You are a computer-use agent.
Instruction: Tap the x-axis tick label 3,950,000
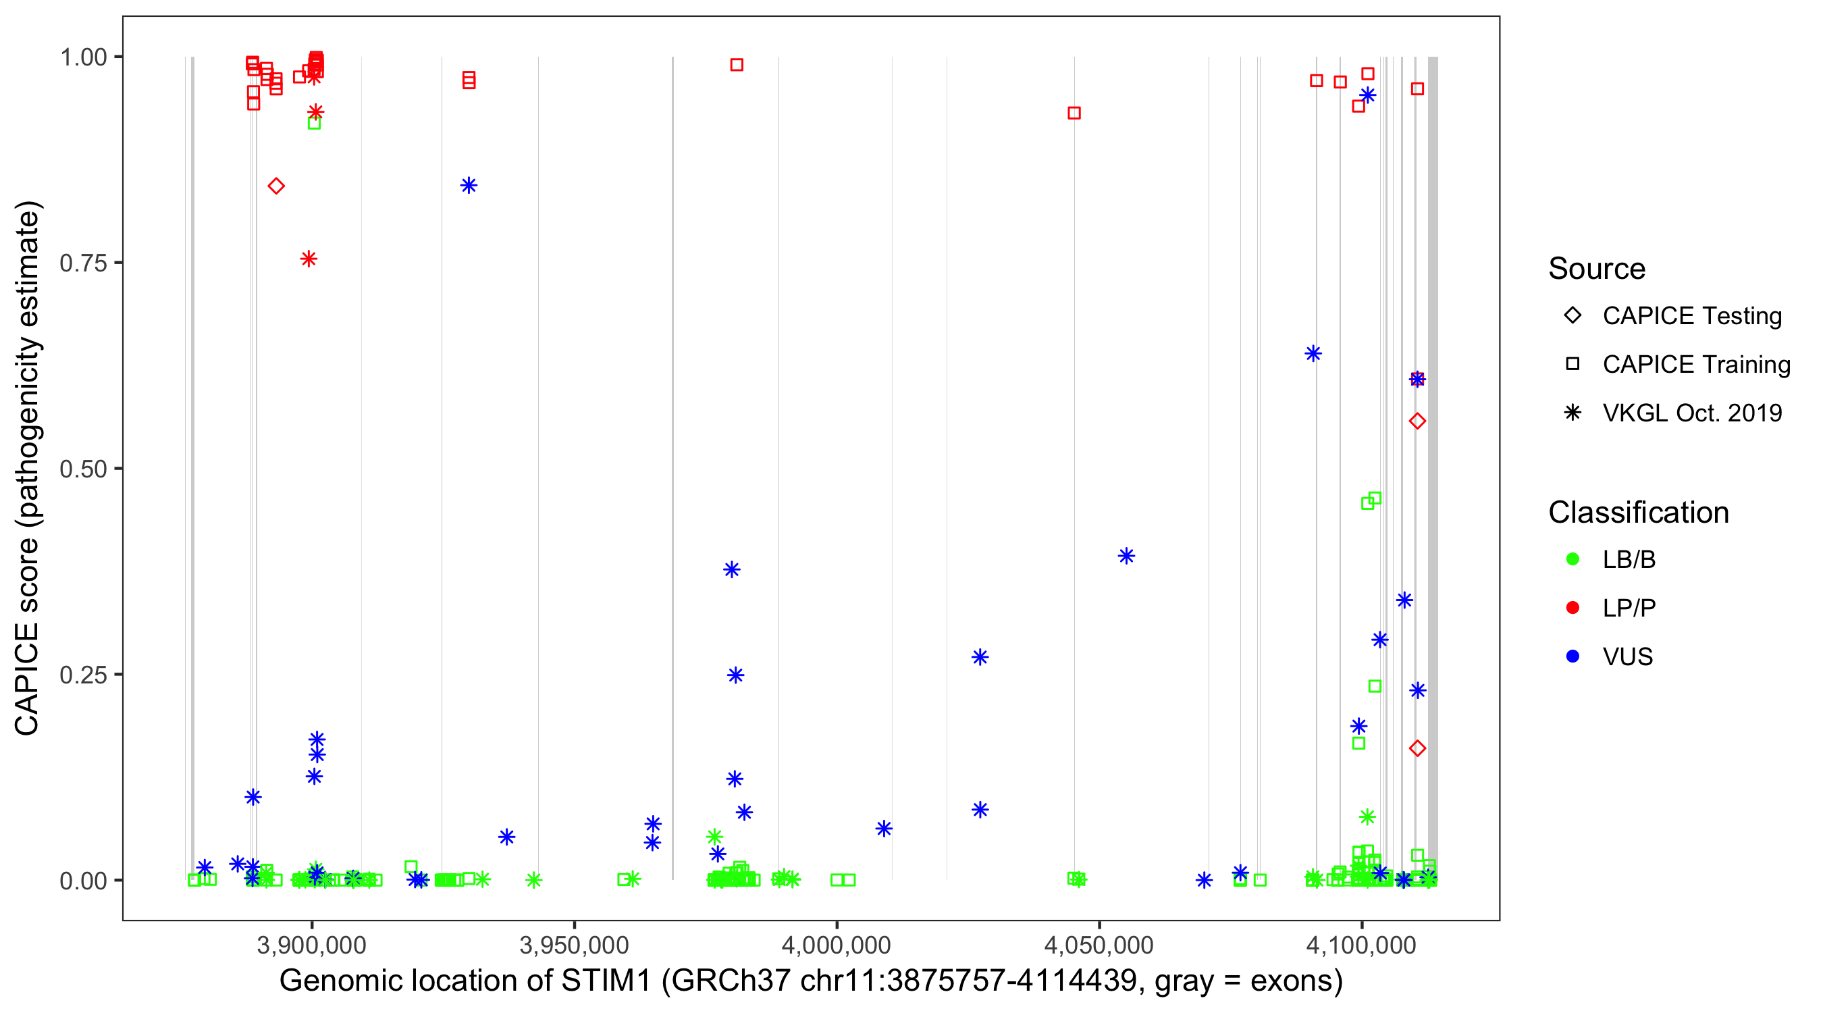(x=574, y=944)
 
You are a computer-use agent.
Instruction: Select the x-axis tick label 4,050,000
(x=1099, y=944)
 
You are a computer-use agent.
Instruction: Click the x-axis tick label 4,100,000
(x=1362, y=944)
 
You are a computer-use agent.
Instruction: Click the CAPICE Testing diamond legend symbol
(x=1573, y=316)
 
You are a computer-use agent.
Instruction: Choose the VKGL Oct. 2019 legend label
(x=1692, y=413)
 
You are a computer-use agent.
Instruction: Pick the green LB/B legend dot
(x=1573, y=559)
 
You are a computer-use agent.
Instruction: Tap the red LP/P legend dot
(x=1573, y=608)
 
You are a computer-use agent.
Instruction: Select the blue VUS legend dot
(x=1573, y=656)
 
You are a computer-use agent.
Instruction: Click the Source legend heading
(x=1597, y=269)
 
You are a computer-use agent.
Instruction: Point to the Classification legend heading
(x=1638, y=513)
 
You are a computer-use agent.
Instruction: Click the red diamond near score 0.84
(x=276, y=186)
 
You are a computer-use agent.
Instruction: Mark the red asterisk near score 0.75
(x=309, y=259)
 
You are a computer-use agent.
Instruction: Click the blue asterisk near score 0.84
(x=469, y=186)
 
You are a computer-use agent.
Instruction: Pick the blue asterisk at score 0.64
(x=1313, y=353)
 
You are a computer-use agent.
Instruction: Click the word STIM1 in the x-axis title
(x=606, y=981)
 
